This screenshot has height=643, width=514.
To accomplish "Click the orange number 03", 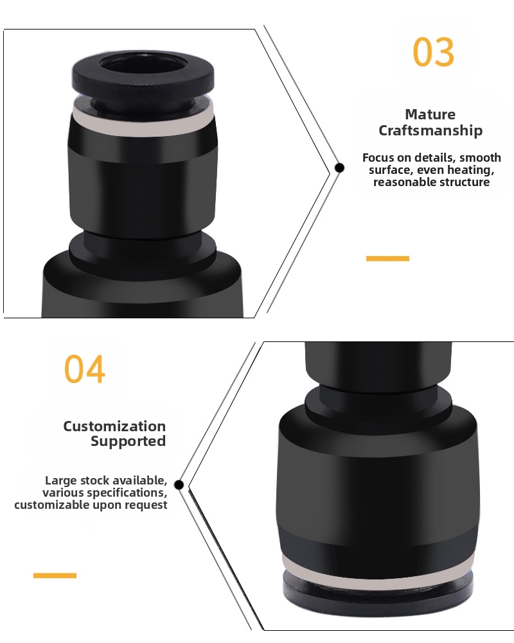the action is click(433, 52).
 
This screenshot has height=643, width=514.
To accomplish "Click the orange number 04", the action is click(85, 369).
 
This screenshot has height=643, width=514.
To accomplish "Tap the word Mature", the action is click(430, 114).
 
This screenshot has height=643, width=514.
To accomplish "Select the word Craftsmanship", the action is click(430, 131).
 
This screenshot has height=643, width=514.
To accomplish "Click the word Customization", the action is click(114, 426).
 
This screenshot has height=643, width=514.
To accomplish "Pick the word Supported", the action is click(128, 442).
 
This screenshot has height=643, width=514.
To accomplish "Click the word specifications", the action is click(127, 493).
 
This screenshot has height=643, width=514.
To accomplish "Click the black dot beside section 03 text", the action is click(339, 167).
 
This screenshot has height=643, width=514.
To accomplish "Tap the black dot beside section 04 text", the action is click(179, 484).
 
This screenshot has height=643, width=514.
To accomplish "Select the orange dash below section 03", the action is click(387, 259).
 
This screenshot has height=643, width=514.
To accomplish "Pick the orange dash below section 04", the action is click(55, 576).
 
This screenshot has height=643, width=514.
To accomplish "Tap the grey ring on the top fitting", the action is click(143, 121).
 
